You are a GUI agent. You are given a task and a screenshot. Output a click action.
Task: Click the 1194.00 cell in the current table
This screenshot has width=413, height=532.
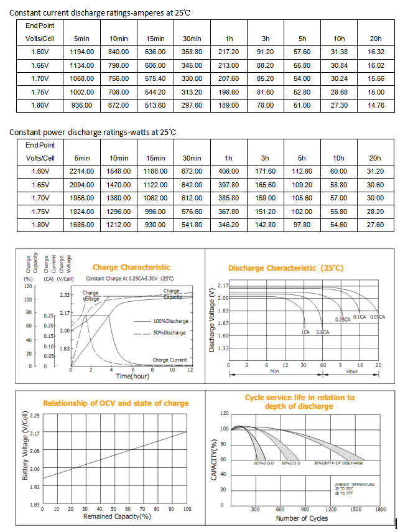pyautogui.click(x=83, y=51)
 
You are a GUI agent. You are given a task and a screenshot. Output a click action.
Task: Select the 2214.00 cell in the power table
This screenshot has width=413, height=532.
pyautogui.click(x=83, y=171)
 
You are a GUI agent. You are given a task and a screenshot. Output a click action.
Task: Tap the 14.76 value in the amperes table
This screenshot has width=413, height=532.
pyautogui.click(x=375, y=105)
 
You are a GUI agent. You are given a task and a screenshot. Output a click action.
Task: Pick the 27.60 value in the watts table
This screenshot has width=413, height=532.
pyautogui.click(x=375, y=225)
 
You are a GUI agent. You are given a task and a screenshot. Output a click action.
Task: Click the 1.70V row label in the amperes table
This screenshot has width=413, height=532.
pyautogui.click(x=40, y=78)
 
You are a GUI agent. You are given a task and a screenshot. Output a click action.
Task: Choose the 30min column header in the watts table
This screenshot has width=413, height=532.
pyautogui.click(x=192, y=158)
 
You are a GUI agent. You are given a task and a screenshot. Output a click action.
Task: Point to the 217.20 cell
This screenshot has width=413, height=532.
pyautogui.click(x=229, y=51)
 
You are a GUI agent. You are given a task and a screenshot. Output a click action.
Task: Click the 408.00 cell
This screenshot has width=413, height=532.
pyautogui.click(x=229, y=171)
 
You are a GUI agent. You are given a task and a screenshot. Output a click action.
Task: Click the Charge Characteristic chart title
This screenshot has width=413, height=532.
pyautogui.click(x=131, y=268)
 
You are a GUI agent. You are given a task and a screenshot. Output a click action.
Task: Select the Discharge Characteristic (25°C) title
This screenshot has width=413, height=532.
pyautogui.click(x=285, y=268)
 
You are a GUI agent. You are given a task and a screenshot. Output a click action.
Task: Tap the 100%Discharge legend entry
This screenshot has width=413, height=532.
pyautogui.click(x=170, y=321)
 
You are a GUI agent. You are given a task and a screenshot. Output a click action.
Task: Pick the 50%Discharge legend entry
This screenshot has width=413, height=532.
pyautogui.click(x=170, y=332)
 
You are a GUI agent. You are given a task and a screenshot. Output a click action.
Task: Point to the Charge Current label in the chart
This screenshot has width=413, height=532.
pyautogui.click(x=169, y=360)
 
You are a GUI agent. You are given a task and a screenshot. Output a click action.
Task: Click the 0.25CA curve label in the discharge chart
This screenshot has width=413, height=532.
pyautogui.click(x=343, y=319)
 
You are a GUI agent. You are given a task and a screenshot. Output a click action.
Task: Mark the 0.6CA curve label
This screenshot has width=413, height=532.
pyautogui.click(x=323, y=332)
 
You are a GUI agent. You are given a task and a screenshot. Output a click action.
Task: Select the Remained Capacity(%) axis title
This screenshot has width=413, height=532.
pyautogui.click(x=118, y=516)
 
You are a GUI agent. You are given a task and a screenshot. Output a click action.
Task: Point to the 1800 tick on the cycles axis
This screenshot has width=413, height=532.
pyautogui.click(x=381, y=510)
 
